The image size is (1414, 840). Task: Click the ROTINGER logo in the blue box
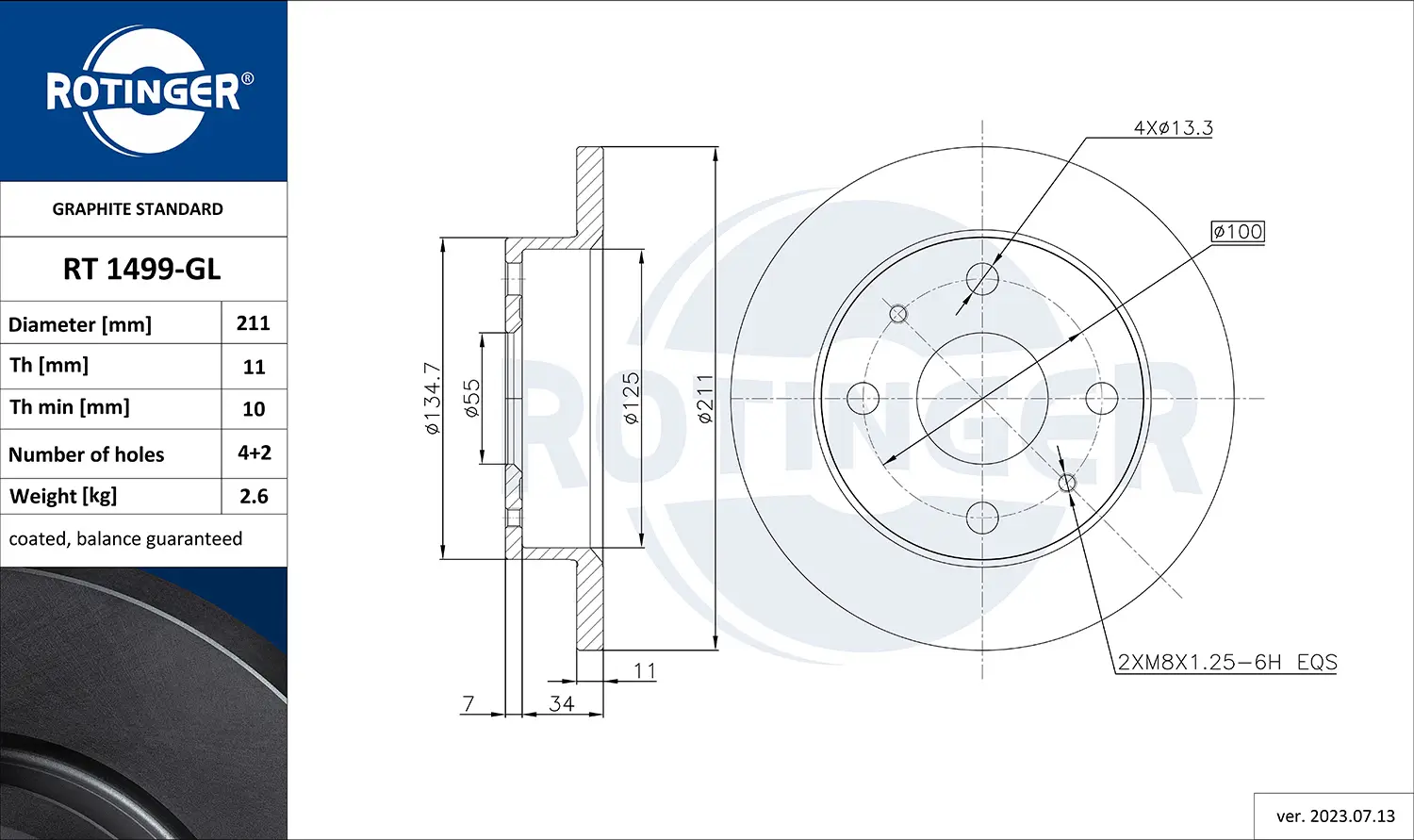[x=143, y=91]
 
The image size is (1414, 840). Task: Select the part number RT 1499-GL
[x=142, y=270]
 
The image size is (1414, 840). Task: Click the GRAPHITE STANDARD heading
[x=138, y=209]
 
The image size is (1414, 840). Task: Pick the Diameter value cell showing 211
[x=254, y=323]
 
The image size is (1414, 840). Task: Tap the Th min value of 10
[x=254, y=409]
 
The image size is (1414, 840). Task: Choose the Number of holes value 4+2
[x=254, y=453]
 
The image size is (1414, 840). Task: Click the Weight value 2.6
[x=254, y=496]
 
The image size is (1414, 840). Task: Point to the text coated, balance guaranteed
[x=125, y=539]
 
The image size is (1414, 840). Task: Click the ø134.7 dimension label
[x=432, y=398]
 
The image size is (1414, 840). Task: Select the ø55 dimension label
[x=472, y=398]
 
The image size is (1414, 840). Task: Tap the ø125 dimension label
[x=631, y=398]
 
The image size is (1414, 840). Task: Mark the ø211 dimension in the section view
[x=705, y=398]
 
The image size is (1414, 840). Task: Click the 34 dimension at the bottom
[x=562, y=703]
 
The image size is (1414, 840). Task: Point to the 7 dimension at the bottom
[x=469, y=703]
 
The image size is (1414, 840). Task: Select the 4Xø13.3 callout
[x=1173, y=127]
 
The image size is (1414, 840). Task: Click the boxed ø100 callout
[x=1238, y=232]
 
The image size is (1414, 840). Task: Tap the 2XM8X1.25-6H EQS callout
[x=1227, y=662]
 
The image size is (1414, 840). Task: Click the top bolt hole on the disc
[x=982, y=278]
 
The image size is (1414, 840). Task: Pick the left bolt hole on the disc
[x=863, y=398]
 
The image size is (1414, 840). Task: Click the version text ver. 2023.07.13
[x=1335, y=816]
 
